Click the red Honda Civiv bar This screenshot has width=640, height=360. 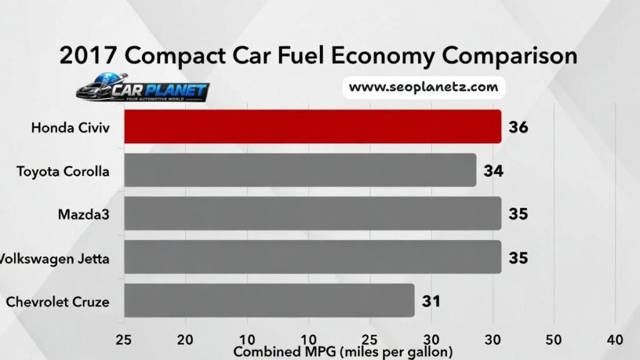(312, 127)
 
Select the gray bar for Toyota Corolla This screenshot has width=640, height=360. (300, 170)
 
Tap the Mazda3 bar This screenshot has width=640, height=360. (312, 214)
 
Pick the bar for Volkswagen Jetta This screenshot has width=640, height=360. (312, 257)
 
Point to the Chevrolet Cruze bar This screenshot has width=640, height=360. (269, 301)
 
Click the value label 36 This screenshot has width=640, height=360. (518, 127)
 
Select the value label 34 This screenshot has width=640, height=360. (493, 171)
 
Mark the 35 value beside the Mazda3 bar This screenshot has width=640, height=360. (518, 214)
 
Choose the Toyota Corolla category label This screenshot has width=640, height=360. (62, 171)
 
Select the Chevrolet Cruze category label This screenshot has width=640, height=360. (57, 302)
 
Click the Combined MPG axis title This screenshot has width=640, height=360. (342, 352)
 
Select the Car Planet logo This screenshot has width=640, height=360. (142, 91)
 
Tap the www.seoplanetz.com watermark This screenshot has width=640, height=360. (423, 87)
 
